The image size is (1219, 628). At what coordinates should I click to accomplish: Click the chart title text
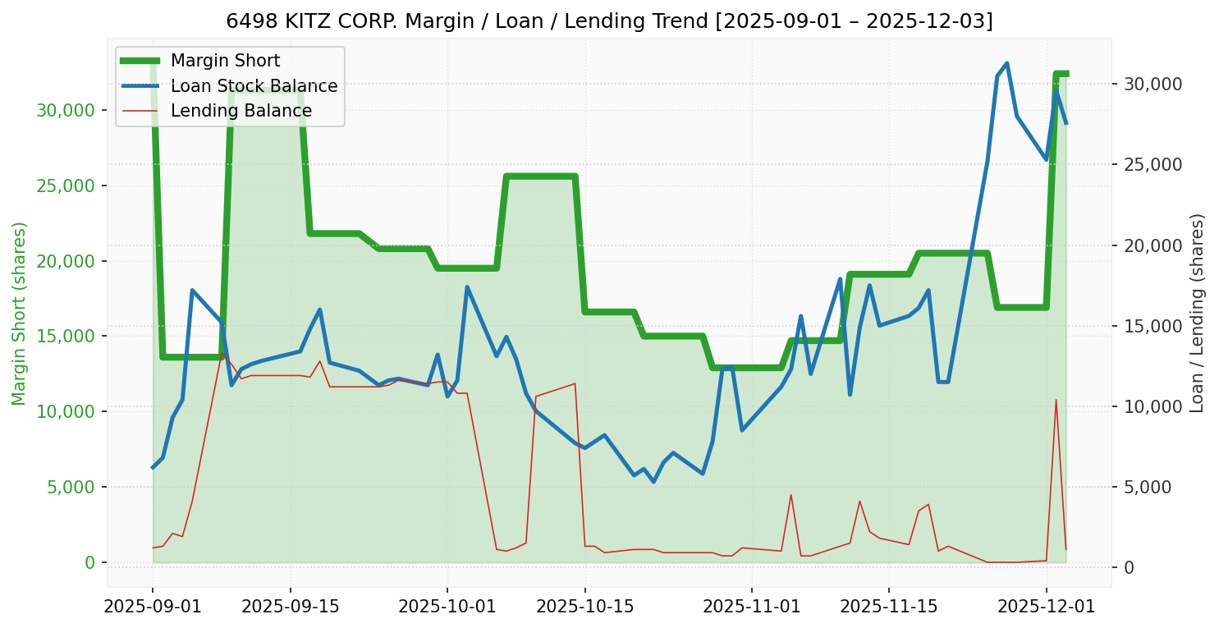coord(609,21)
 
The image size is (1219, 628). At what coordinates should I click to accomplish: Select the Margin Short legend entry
coord(225,61)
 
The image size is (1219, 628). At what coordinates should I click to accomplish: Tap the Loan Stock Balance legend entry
coord(254,86)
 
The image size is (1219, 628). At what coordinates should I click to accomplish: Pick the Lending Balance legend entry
coord(241,111)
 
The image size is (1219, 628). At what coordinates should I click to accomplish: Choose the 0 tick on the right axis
coord(1130,567)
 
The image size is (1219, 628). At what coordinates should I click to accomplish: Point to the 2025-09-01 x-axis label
coord(153,607)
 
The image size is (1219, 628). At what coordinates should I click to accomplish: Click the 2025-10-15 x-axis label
coord(585,607)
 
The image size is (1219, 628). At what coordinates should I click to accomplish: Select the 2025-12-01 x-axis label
coord(1047,607)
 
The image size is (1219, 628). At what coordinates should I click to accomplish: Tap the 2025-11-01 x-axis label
coord(752,607)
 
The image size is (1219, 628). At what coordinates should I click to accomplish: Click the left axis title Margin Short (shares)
coord(19,314)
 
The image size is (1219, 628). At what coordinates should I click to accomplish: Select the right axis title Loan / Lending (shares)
coord(1198,314)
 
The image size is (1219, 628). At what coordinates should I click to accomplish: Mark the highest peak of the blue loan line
coord(1007,63)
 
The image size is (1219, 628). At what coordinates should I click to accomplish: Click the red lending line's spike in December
coord(1056,400)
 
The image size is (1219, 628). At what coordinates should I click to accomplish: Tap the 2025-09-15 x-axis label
coord(291,607)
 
